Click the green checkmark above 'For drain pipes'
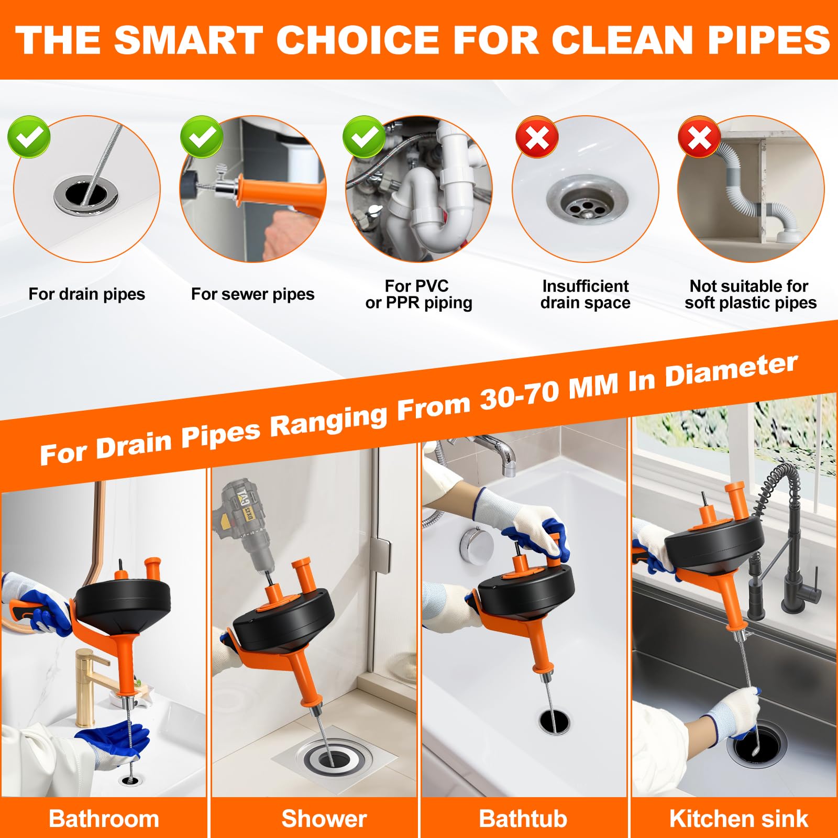coord(29,137)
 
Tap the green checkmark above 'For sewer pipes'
coord(202,137)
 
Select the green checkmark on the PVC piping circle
coord(365,137)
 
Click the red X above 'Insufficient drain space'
coord(537,137)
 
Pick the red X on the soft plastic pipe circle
coord(699,137)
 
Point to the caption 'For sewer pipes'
coord(252,294)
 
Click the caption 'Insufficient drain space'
coord(586,294)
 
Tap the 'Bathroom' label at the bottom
coord(104,819)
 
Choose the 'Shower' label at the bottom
coord(324,819)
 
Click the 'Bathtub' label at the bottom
coord(523,819)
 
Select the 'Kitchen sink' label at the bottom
coord(738,819)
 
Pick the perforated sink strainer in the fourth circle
coord(587,202)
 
